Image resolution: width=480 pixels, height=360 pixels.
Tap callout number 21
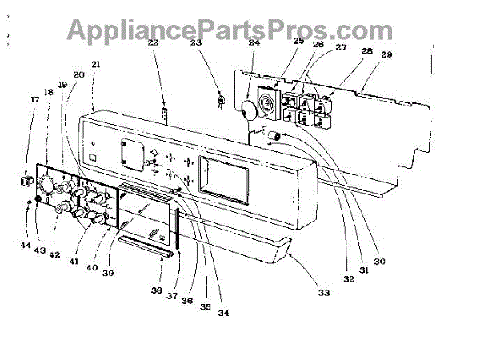pyautogui.click(x=96, y=64)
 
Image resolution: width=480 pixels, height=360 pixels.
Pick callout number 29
pyautogui.click(x=386, y=54)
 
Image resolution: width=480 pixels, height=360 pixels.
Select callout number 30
pyautogui.click(x=379, y=262)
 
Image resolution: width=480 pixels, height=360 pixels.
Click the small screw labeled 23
pyautogui.click(x=217, y=100)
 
